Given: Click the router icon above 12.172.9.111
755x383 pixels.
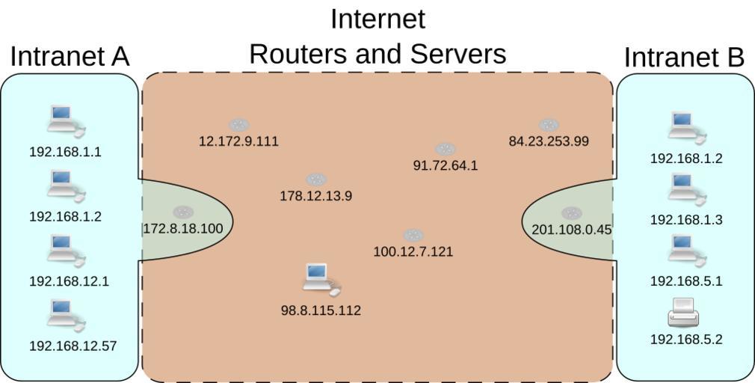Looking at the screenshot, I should tap(238, 125).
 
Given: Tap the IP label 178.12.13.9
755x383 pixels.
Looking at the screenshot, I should tap(315, 196).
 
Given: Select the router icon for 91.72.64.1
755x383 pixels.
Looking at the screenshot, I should tap(445, 149).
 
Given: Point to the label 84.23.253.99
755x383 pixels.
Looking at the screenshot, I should tap(549, 141).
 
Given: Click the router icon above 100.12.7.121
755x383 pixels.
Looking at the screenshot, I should tap(413, 236).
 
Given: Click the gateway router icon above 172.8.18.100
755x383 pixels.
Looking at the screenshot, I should tap(182, 212).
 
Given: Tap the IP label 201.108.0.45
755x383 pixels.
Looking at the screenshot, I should tap(571, 230).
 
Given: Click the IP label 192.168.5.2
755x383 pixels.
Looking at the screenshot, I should tap(686, 339).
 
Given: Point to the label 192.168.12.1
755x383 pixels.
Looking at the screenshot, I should tap(69, 281).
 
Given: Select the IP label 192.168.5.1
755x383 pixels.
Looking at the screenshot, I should tap(686, 281).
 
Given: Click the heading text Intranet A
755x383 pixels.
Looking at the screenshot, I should tap(70, 57).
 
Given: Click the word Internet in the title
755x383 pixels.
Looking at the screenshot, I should tap(377, 19).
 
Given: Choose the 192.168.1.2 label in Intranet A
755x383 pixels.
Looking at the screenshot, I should tap(65, 217).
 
